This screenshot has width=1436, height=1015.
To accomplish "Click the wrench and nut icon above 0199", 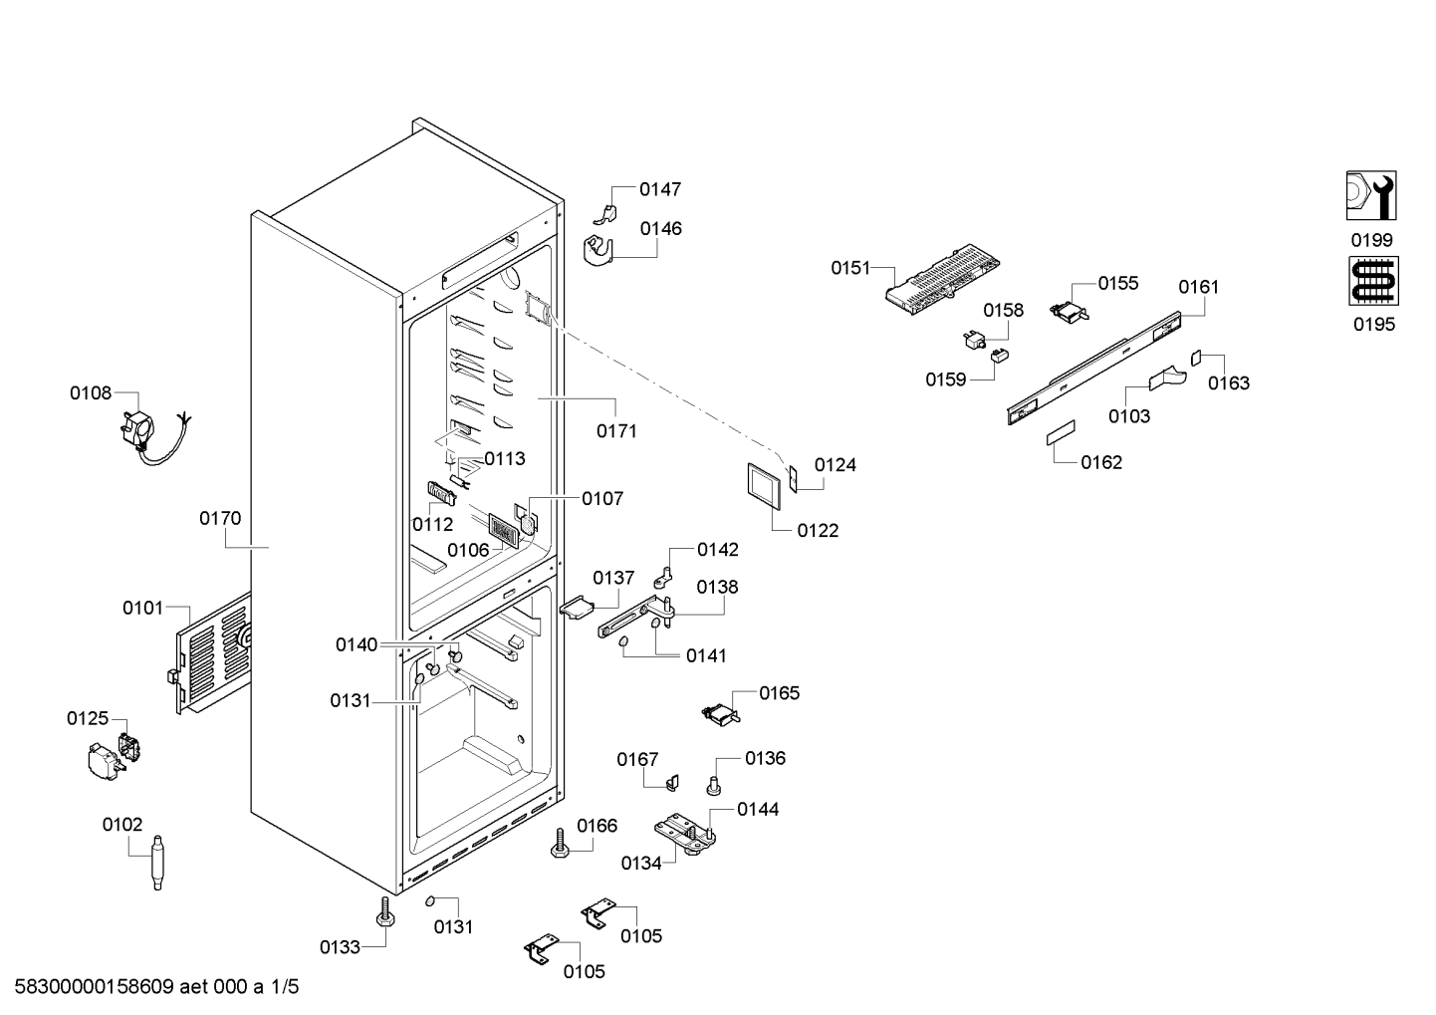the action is [x=1371, y=195].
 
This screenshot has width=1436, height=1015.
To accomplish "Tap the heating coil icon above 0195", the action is [x=1374, y=281].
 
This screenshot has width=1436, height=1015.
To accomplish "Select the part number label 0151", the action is [x=850, y=268].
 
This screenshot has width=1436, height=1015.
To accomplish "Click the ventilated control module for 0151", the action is [x=943, y=280].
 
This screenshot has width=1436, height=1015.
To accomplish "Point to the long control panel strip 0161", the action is [x=1094, y=368].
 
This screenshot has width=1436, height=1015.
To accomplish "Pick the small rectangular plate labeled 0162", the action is [x=1061, y=433].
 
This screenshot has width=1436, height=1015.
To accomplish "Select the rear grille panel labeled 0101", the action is [x=213, y=654].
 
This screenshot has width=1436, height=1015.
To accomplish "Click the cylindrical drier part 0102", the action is [x=157, y=863].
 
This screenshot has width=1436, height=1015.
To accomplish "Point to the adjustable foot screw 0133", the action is [x=385, y=911].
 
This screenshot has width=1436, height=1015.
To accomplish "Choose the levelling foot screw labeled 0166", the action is [x=561, y=843].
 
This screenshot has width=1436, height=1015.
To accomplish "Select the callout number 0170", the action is [x=220, y=518].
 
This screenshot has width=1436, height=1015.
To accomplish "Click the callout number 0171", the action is [x=616, y=431].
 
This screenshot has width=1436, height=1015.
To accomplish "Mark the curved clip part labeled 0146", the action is [x=598, y=251].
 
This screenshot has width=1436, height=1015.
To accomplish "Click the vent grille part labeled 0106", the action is [x=503, y=530].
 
